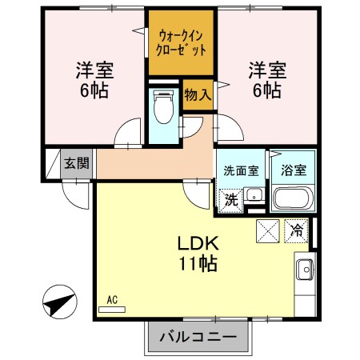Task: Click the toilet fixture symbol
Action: tap(164, 107)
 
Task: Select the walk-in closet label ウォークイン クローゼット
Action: tap(180, 41)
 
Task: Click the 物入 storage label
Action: tap(198, 95)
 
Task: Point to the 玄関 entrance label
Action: tap(77, 164)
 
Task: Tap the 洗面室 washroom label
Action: tap(240, 170)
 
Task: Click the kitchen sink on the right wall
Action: tap(305, 270)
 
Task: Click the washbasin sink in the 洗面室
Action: tap(254, 195)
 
